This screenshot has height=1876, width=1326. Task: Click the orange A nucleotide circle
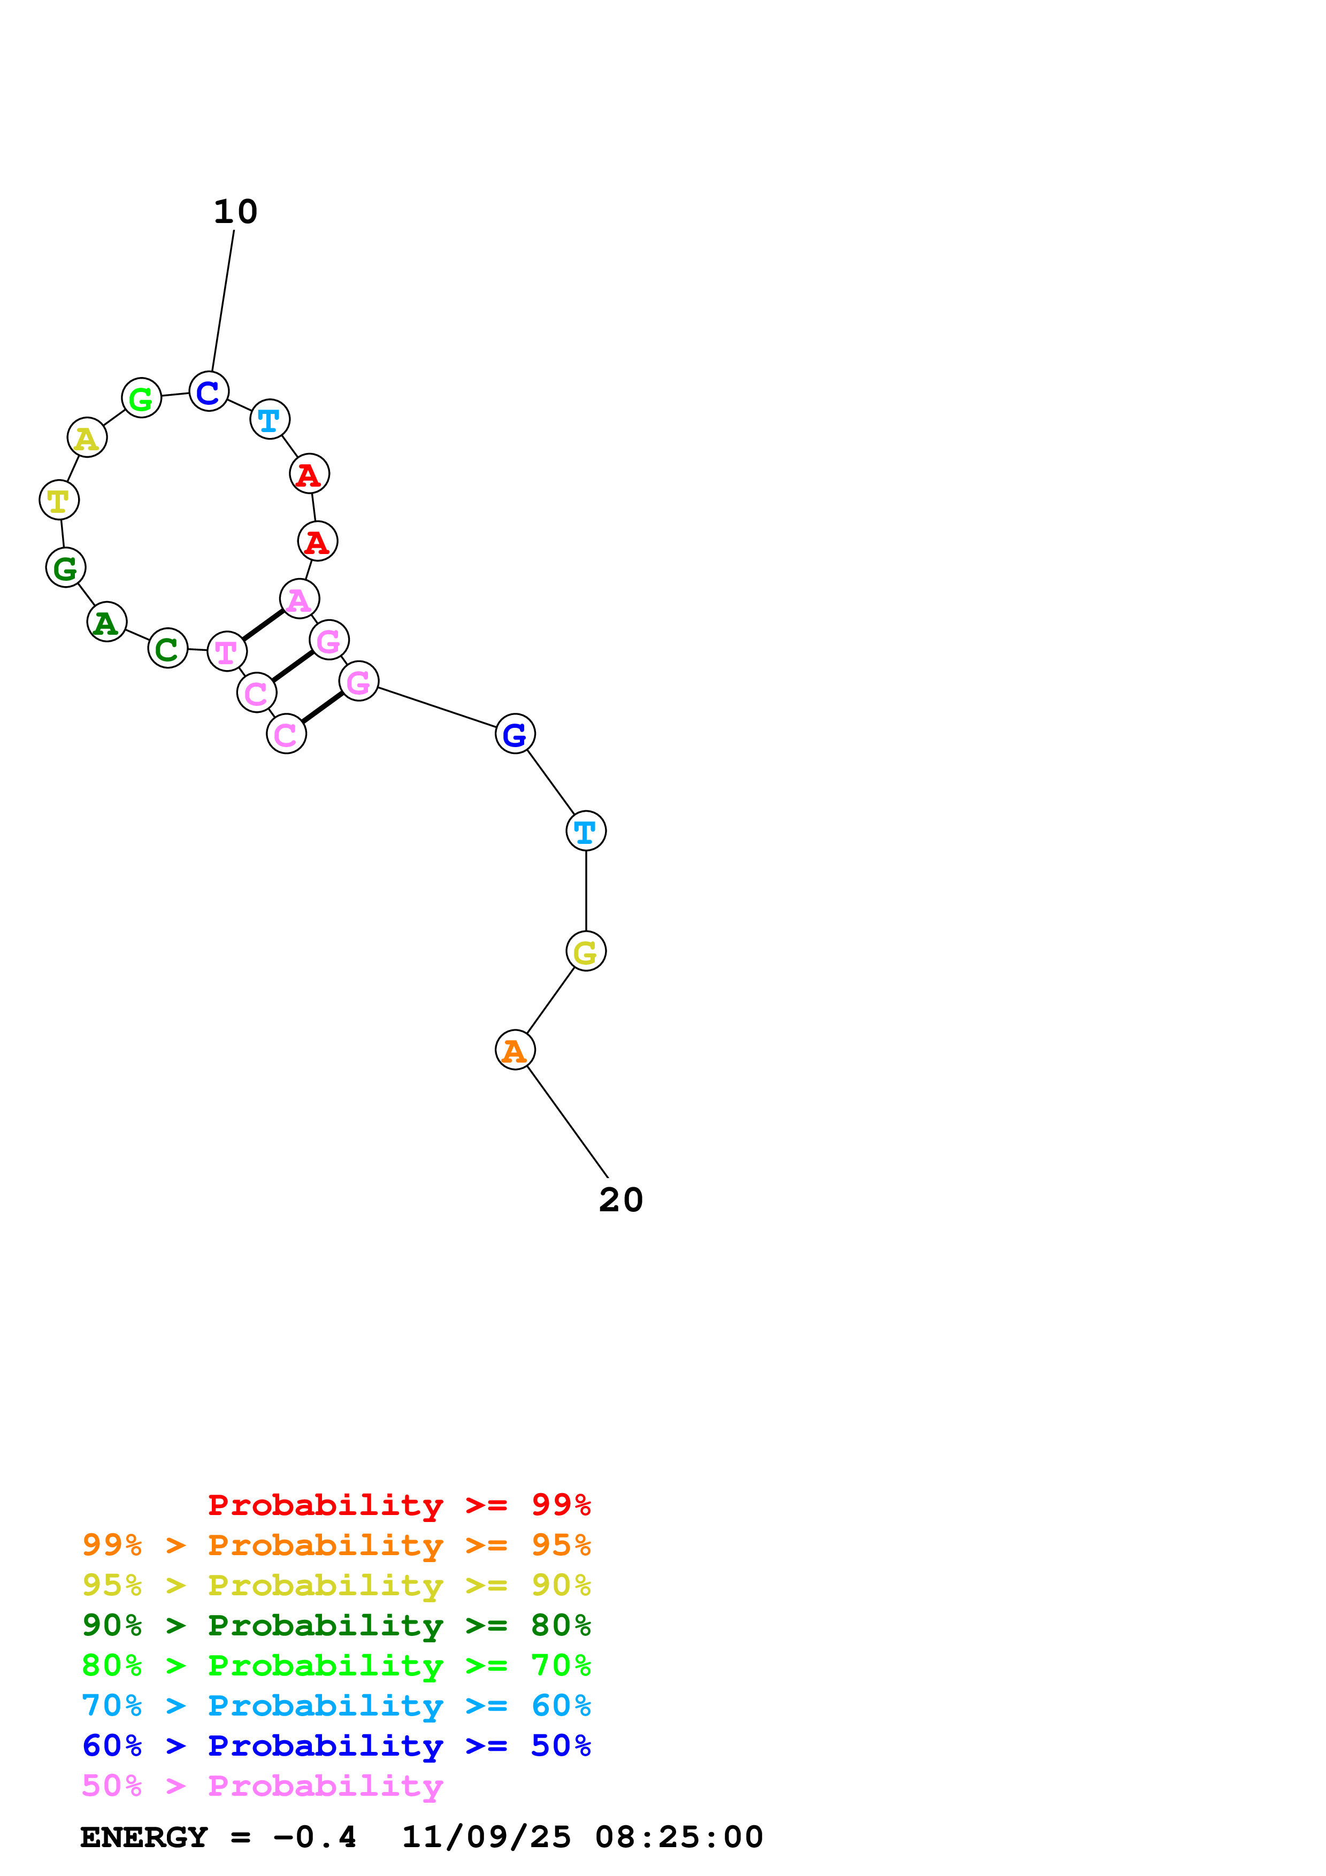[515, 1050]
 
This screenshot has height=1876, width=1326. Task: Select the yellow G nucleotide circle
[586, 951]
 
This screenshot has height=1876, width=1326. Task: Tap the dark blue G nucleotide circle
[515, 734]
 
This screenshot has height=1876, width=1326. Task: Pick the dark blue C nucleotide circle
[208, 391]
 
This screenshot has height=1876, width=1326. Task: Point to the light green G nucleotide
[141, 398]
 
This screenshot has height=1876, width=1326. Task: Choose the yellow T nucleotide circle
[59, 500]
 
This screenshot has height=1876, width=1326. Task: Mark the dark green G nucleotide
[65, 567]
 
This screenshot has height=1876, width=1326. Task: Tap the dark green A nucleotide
[106, 622]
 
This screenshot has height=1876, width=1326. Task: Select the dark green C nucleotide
[167, 649]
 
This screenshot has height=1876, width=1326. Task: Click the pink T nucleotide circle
[226, 651]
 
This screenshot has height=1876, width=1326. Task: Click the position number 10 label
[235, 212]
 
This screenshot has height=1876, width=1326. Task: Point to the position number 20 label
[621, 1200]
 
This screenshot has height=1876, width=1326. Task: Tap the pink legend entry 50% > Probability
[262, 1785]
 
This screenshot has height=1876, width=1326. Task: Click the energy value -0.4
[315, 1837]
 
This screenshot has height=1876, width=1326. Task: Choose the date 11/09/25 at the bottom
[486, 1837]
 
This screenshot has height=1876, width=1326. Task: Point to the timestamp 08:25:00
[679, 1837]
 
